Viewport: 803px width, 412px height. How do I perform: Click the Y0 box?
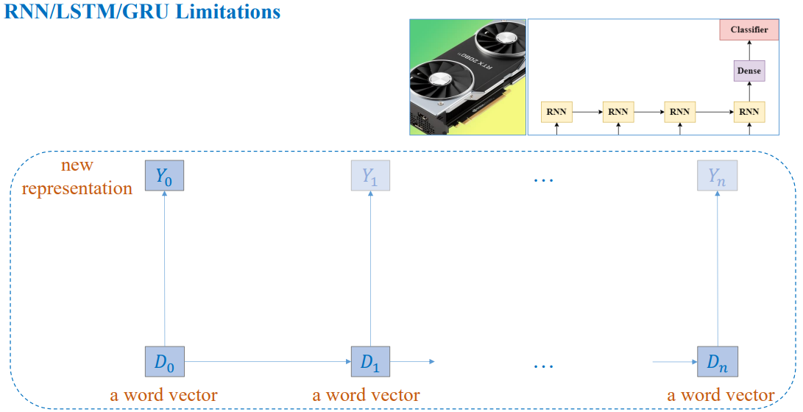(164, 175)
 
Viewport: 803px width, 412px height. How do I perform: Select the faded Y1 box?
(371, 175)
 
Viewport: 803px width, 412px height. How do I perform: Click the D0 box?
(164, 361)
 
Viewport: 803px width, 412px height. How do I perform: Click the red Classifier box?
(749, 29)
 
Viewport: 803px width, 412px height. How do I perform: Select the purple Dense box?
(749, 70)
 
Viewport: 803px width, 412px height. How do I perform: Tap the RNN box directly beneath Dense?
(749, 111)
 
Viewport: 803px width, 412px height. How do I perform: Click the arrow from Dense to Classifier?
(749, 50)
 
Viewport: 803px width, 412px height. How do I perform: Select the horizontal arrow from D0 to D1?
(268, 361)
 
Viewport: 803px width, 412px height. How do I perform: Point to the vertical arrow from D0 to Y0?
(164, 269)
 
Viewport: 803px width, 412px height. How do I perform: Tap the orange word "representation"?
(77, 188)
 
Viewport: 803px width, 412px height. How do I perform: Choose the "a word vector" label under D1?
(366, 394)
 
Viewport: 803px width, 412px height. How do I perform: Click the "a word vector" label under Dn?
(721, 394)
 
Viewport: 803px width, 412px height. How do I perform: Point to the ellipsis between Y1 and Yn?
(544, 180)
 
